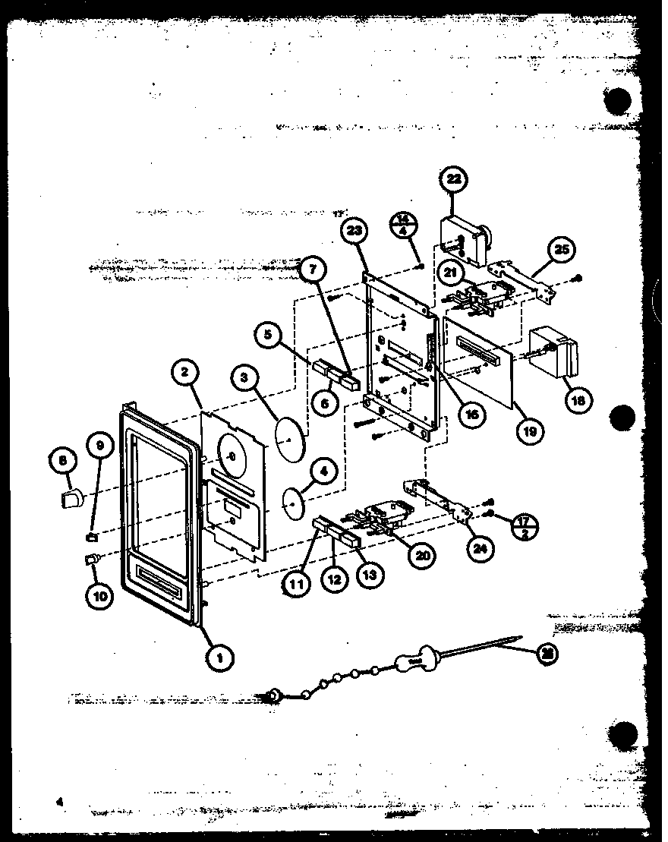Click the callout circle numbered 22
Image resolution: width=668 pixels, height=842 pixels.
click(x=455, y=180)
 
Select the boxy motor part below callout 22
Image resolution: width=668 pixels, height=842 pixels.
click(x=462, y=238)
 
